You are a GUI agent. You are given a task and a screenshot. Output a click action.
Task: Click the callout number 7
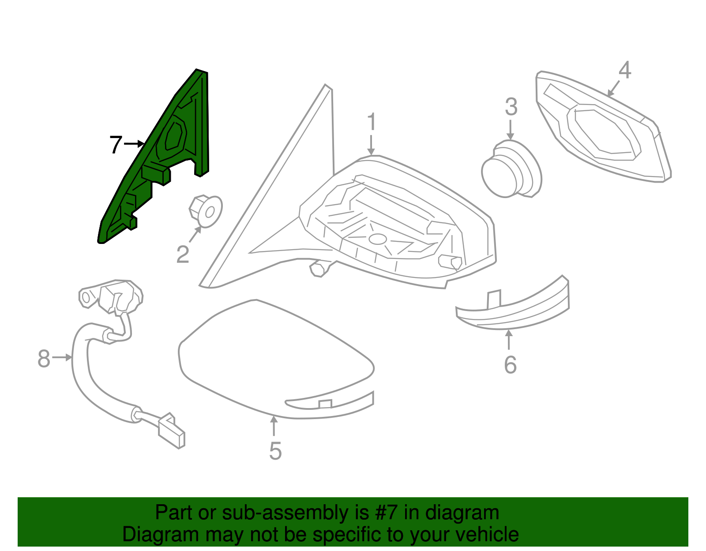coord(116,145)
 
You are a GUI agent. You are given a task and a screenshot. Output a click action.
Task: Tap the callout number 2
coord(183,255)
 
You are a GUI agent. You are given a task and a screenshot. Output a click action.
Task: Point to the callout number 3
coord(511,106)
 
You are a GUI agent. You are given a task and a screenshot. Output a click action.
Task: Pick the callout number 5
coord(275,451)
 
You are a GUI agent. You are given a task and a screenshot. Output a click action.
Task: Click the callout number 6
coord(510,365)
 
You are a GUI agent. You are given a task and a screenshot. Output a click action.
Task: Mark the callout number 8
coord(44,359)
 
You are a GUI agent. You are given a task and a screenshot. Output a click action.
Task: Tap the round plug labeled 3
coord(511,169)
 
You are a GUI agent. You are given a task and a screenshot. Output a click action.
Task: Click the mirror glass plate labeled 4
coord(603,126)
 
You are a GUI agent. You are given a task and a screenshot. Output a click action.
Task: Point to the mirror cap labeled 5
coord(276,359)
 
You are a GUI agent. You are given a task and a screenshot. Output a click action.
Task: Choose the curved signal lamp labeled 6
coord(513,303)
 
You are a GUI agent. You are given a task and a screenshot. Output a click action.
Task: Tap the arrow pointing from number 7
coord(134,143)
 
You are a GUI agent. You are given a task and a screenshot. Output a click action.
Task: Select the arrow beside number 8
coord(62,357)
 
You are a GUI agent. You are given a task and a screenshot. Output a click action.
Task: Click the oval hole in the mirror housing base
coord(378,239)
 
